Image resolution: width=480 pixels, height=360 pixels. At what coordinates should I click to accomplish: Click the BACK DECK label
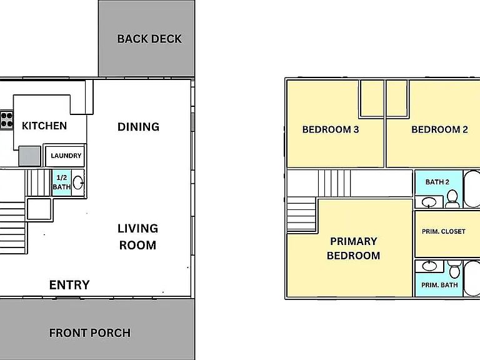click(x=149, y=39)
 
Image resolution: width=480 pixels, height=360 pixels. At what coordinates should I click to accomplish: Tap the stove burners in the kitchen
click(x=6, y=120)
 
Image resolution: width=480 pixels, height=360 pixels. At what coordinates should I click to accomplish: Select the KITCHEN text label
click(x=44, y=126)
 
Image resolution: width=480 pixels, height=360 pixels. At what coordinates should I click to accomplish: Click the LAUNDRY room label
click(x=66, y=156)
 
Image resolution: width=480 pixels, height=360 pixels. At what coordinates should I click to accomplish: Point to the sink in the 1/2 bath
click(x=77, y=182)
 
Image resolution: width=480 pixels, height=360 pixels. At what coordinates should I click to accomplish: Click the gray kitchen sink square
click(x=30, y=156)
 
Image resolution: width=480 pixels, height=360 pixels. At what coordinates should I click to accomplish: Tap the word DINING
click(x=138, y=127)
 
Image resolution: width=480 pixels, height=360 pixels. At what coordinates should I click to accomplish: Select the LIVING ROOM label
click(x=137, y=237)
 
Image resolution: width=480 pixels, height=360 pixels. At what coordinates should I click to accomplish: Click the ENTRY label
click(x=69, y=285)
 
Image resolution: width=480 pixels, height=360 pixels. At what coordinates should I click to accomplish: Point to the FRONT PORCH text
click(x=90, y=332)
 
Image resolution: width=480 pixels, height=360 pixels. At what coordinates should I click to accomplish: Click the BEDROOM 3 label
click(x=331, y=129)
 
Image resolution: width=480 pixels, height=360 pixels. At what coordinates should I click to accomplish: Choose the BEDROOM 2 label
click(x=439, y=129)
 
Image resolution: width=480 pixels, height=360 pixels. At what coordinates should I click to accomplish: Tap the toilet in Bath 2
click(x=452, y=198)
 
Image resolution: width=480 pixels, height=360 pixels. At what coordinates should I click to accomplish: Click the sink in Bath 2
click(x=429, y=202)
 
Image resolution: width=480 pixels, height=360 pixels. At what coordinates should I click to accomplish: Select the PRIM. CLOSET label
click(x=444, y=232)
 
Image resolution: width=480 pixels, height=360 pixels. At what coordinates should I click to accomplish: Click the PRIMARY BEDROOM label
click(x=354, y=248)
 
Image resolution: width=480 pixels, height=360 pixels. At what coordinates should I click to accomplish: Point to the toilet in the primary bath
click(x=454, y=269)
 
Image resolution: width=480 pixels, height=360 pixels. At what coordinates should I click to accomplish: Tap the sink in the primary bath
click(x=429, y=266)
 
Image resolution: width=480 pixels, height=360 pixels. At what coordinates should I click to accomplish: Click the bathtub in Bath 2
click(x=472, y=189)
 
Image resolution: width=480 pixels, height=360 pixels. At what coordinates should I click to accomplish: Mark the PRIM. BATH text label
click(x=439, y=285)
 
